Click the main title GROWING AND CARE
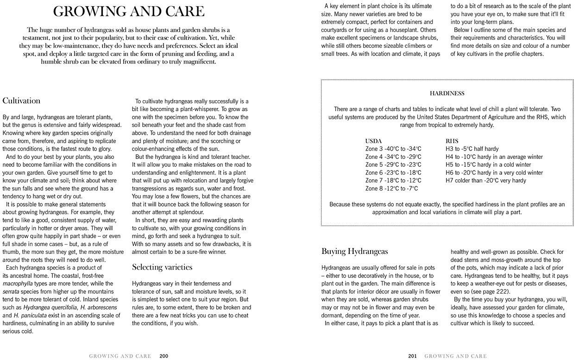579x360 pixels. coord(128,11)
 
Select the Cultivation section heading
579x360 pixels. coord(21,101)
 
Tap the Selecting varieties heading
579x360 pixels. coord(162,267)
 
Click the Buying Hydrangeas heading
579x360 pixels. coord(354,252)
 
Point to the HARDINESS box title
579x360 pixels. coord(447,94)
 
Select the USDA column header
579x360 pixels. coord(373,141)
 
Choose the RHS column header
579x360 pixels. coord(452,141)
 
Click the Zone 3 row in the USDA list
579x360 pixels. coord(393,149)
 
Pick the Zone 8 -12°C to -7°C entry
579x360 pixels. coord(391,189)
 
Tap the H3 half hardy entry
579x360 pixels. coord(472,149)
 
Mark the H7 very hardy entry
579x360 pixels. coord(485,181)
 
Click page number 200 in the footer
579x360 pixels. coord(164,356)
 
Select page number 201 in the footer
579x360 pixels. coord(413,356)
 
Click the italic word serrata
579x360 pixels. coord(11,291)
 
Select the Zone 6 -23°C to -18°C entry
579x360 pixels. coord(393,173)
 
